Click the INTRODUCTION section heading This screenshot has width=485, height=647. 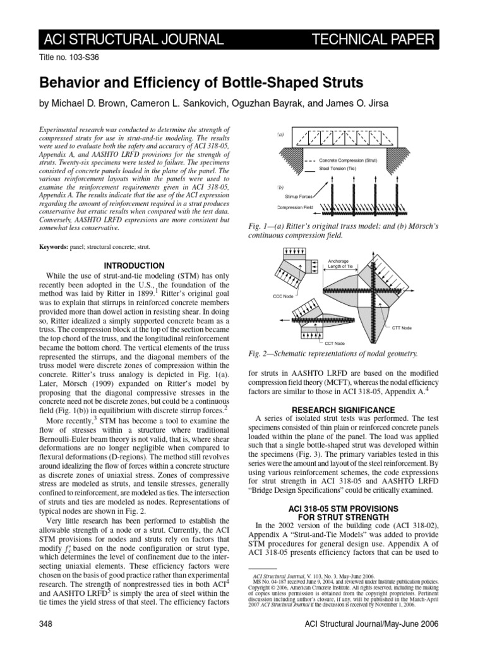(x=133, y=265)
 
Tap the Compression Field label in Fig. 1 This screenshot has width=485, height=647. (x=299, y=208)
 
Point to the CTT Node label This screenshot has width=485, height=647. (x=402, y=328)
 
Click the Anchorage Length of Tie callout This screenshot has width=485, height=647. (x=342, y=263)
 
